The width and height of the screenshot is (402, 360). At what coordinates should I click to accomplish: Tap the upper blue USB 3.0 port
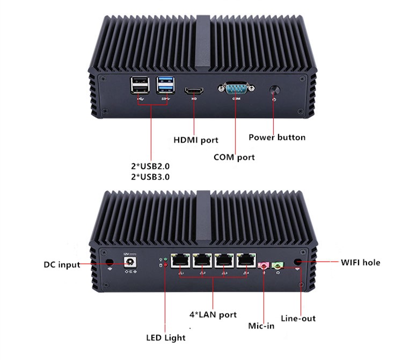(164, 82)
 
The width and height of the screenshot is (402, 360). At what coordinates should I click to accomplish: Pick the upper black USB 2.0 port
(138, 82)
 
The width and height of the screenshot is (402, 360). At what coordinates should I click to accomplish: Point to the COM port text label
(234, 157)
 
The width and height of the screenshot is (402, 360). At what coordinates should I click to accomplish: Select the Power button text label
(277, 137)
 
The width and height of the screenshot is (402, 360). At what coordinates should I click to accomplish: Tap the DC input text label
(61, 264)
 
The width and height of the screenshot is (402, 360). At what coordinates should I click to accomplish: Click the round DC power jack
(129, 263)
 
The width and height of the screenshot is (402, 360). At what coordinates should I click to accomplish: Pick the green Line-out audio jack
(278, 265)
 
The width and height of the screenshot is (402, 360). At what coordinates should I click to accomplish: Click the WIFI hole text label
(361, 263)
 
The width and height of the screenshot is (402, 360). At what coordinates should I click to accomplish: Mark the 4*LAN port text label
(213, 314)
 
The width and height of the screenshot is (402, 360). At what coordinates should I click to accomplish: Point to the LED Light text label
(166, 338)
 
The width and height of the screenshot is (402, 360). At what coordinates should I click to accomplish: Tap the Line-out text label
(299, 319)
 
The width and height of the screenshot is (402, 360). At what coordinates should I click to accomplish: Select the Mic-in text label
(262, 326)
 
